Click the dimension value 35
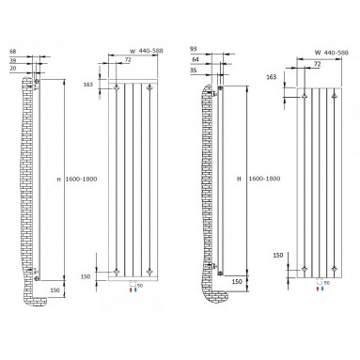coord(193,70)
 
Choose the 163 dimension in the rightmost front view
coord(272,78)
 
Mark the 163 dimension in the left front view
coord(88,85)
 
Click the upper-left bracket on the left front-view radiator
coord(116,89)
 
